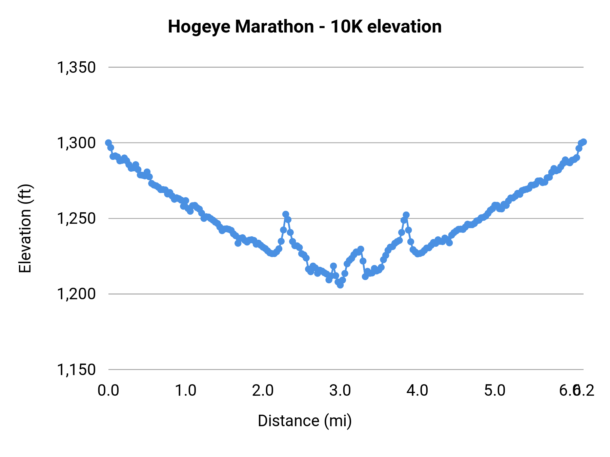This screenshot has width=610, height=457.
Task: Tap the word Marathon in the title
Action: (x=274, y=26)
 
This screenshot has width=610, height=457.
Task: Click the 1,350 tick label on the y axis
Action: (x=76, y=67)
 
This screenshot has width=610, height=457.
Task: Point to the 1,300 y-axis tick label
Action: (x=76, y=143)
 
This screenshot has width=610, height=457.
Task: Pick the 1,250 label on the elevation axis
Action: (x=76, y=218)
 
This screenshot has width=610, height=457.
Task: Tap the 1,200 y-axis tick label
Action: (x=76, y=294)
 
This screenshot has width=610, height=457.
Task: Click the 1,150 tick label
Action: (x=76, y=369)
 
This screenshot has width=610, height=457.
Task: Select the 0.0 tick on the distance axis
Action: (x=108, y=391)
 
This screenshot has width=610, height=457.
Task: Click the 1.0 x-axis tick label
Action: (x=185, y=391)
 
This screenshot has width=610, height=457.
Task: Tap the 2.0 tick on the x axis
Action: (x=263, y=391)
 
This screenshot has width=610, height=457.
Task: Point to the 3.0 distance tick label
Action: (x=340, y=391)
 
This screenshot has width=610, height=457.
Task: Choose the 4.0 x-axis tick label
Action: (x=417, y=391)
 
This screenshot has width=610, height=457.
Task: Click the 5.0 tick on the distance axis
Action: (x=494, y=391)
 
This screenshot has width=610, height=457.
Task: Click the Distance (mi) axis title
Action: (x=305, y=421)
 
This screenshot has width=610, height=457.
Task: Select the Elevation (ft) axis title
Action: (x=25, y=228)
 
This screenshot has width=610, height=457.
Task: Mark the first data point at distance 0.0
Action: (x=108, y=143)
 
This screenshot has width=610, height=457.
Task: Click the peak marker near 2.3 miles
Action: (x=286, y=214)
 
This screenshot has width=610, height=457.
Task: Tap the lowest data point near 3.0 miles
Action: (x=340, y=285)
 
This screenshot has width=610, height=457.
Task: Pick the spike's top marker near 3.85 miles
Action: (x=406, y=215)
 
